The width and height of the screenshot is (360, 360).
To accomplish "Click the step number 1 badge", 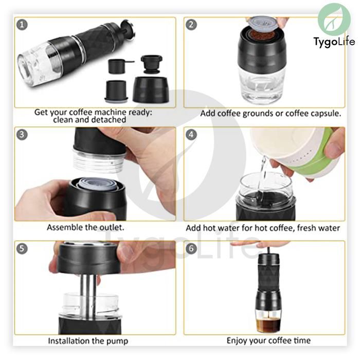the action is point(22,25).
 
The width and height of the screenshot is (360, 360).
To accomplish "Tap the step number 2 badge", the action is point(191,25).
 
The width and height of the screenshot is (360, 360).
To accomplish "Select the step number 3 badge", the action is point(22,135).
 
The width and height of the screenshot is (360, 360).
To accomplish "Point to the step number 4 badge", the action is point(191,135).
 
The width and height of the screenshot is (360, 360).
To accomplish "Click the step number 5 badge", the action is point(22,248).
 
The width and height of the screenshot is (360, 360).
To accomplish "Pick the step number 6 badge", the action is point(191,248).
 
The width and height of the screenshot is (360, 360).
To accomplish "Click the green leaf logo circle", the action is point(334,20).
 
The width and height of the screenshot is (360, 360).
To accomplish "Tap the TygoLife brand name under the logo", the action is point(334,42).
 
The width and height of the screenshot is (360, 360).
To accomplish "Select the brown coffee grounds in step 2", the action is point(262,35).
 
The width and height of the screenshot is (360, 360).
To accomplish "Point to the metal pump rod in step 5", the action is point(88,296).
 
